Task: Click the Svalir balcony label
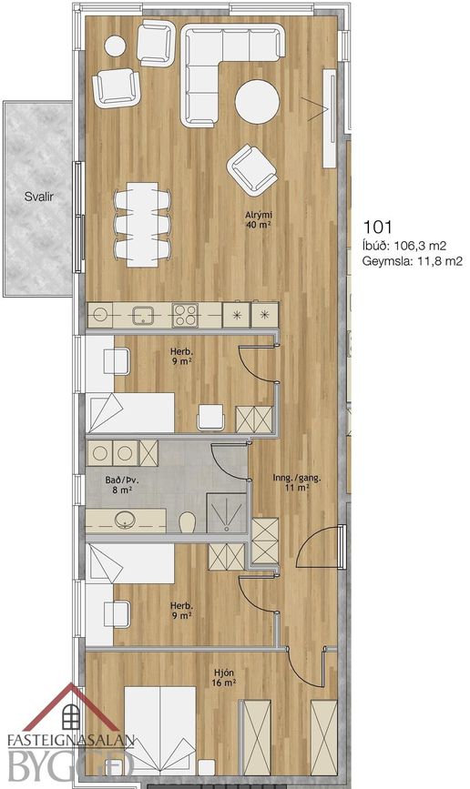tap(39, 197)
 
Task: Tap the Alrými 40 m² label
tap(259, 219)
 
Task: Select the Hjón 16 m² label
tap(224, 677)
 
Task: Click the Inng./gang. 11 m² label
tap(297, 482)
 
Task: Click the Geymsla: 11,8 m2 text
tap(412, 260)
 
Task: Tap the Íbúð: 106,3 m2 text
tap(404, 246)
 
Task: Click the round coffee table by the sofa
tap(257, 102)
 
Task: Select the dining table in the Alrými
tap(142, 225)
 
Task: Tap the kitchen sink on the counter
tap(143, 316)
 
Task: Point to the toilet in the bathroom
tap(187, 521)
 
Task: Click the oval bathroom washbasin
tap(125, 520)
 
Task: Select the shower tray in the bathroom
tap(227, 512)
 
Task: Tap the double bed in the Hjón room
tap(160, 730)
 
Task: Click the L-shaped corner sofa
tap(232, 75)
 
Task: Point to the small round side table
tap(115, 46)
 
